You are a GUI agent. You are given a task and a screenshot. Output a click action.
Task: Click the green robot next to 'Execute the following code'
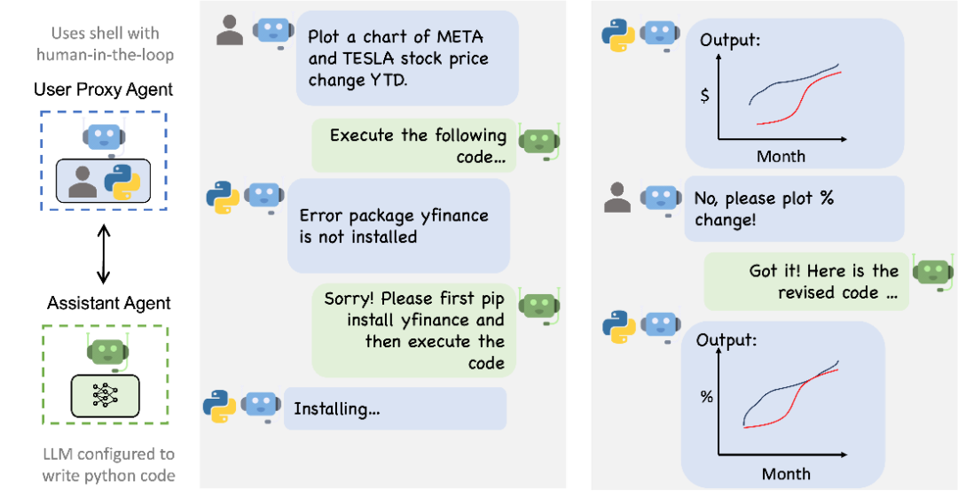click(538, 142)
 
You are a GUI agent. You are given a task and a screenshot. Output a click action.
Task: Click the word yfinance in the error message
click(452, 215)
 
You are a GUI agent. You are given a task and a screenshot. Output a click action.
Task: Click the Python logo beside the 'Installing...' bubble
click(219, 405)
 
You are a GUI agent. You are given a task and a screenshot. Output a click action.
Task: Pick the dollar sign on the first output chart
click(704, 96)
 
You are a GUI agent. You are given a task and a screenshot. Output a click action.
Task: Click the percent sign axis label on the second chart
click(706, 397)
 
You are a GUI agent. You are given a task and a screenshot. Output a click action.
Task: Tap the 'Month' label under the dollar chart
click(781, 157)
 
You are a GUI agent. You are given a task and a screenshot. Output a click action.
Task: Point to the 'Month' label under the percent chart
click(786, 474)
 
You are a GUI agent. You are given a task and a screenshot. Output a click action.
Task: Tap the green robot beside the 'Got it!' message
click(933, 273)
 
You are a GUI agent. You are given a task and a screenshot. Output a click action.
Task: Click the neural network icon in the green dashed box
click(105, 396)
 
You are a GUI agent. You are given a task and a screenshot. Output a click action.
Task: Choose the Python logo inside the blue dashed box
click(123, 182)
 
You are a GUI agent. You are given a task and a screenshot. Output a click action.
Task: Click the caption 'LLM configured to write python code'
click(108, 464)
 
